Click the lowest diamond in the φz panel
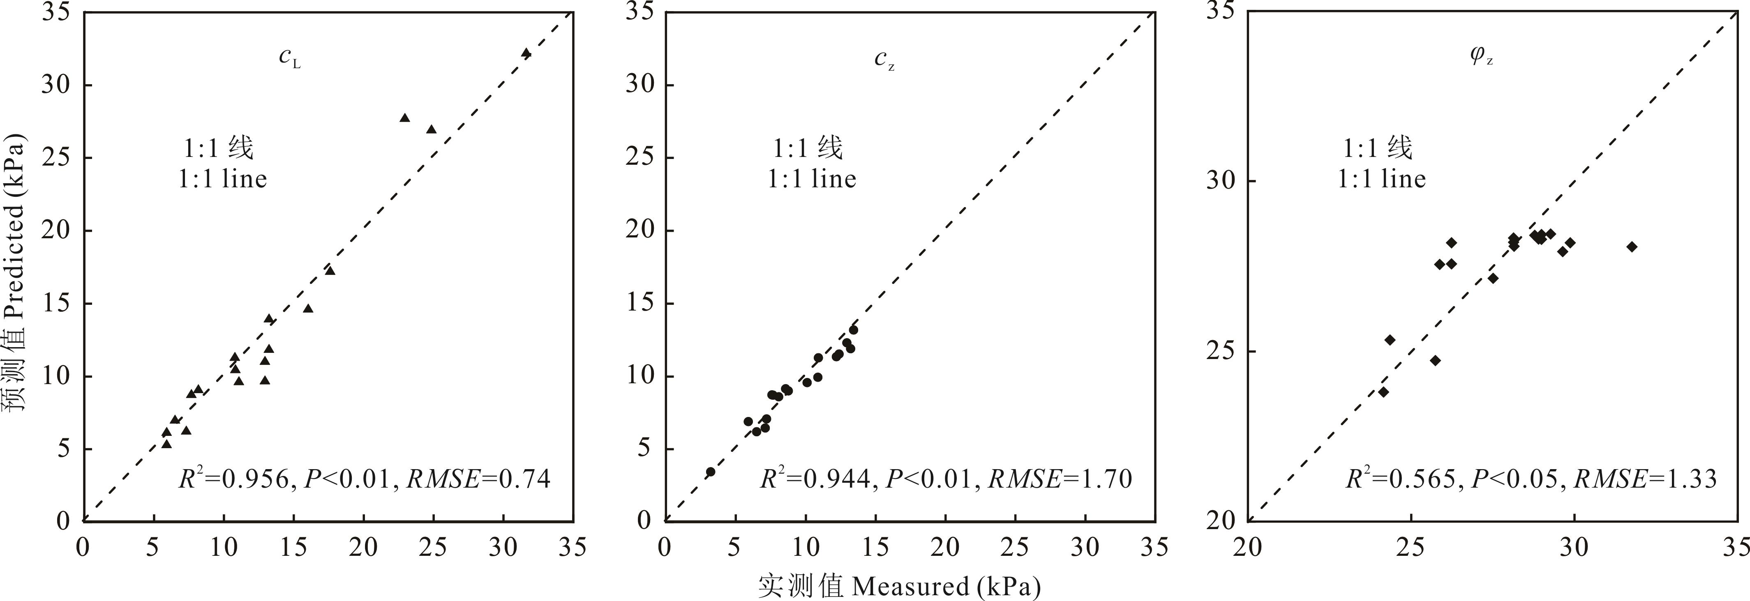1383,392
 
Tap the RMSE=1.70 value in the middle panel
1060,479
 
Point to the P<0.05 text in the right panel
1514,479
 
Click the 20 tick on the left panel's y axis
56,230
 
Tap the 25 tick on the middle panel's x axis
1015,547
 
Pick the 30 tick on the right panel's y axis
1221,181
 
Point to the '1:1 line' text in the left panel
223,179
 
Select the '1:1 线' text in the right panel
1377,147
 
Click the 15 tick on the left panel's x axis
293,547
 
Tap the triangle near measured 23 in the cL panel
405,117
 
